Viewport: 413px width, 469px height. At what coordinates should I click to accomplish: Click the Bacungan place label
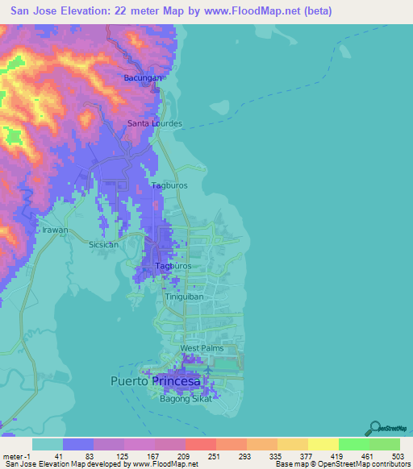tap(143, 78)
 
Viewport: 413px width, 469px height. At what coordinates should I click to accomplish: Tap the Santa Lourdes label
tap(155, 124)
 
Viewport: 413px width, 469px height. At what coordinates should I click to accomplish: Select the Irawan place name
tap(56, 230)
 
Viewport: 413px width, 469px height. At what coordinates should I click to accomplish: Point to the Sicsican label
tap(103, 244)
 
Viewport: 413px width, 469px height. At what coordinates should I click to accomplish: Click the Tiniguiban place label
tap(181, 297)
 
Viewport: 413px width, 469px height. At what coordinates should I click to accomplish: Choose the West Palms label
tap(200, 349)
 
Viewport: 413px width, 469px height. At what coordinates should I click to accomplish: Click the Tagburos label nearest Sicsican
tap(173, 265)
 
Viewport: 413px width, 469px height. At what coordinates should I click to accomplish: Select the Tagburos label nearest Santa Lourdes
tap(170, 185)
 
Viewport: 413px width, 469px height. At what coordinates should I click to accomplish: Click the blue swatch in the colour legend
tap(78, 444)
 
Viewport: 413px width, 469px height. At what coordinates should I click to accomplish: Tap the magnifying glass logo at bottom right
tap(374, 428)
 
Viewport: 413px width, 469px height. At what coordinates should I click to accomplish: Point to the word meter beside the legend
tap(13, 456)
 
